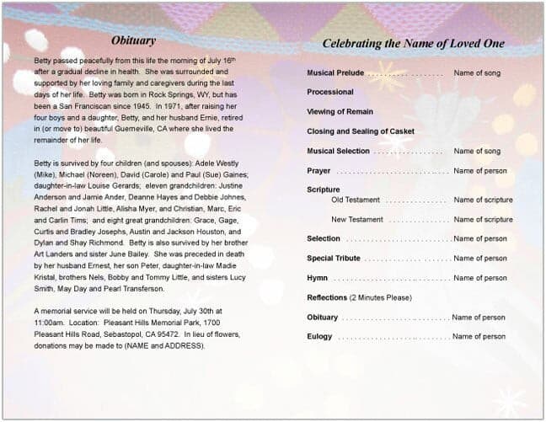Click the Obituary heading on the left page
pyautogui.click(x=133, y=40)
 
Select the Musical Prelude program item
pyautogui.click(x=335, y=73)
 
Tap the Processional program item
pyautogui.click(x=330, y=93)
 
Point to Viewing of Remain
pyautogui.click(x=340, y=112)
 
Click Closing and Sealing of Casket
pyautogui.click(x=361, y=131)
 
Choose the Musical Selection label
pyautogui.click(x=338, y=152)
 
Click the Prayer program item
pyautogui.click(x=318, y=171)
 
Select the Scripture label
pyautogui.click(x=324, y=190)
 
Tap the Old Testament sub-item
pyautogui.click(x=356, y=200)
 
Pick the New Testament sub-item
pyautogui.click(x=357, y=220)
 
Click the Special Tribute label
pyautogui.click(x=333, y=259)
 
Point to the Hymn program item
pyautogui.click(x=318, y=278)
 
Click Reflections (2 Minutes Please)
pyautogui.click(x=359, y=298)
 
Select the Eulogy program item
pyautogui.click(x=319, y=337)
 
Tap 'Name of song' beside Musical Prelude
pyautogui.click(x=477, y=73)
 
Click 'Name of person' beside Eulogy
pyautogui.click(x=479, y=337)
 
